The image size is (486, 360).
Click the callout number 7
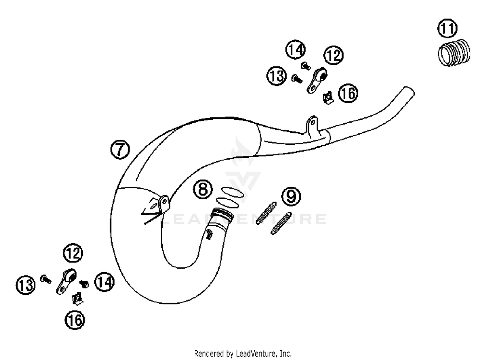click(x=120, y=149)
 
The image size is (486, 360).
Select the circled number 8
click(x=203, y=189)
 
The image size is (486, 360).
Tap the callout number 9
click(x=291, y=196)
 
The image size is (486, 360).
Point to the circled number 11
click(x=447, y=28)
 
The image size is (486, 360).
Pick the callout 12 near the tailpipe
click(x=333, y=55)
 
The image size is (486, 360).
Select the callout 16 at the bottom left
click(x=75, y=320)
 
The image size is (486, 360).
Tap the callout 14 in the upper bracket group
click(x=295, y=50)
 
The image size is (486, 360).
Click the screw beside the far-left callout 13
click(x=46, y=279)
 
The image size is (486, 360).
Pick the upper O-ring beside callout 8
click(x=232, y=192)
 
